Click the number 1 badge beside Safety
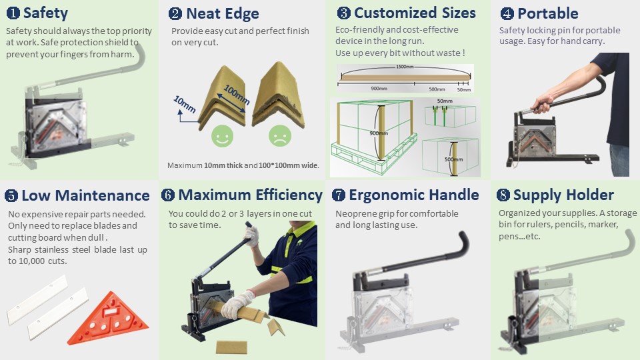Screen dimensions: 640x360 pos(13,13)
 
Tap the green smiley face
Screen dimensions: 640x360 pos(223,136)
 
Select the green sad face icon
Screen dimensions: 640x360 pos(280,136)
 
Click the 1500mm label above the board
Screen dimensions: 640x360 pos(405,67)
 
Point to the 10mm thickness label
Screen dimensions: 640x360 pos(185,104)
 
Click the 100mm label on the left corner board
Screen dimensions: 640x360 pos(236,95)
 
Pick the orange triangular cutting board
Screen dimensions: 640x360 pos(108,318)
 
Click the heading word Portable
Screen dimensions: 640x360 pos(548,13)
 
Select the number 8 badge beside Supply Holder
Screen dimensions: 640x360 pos(503,195)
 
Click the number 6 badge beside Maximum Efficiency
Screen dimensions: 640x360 pos(168,195)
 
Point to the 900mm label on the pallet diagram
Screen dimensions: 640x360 pos(379,133)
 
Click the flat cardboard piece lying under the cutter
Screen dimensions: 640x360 pos(231,347)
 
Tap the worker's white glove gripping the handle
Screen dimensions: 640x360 pos(251,236)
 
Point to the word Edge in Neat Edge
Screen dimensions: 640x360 pos(243,14)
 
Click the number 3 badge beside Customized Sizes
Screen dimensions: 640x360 pos(344,13)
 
